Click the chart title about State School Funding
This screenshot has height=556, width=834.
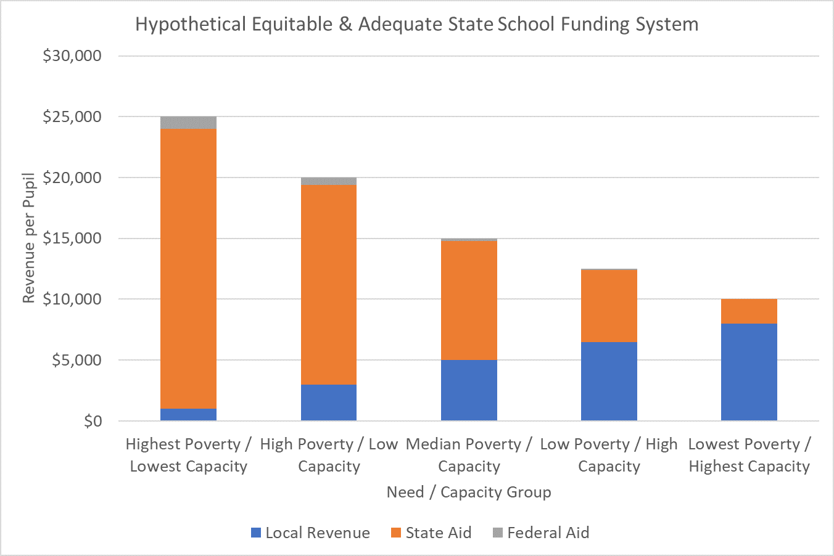click(416, 25)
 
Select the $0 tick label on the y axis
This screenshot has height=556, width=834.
click(93, 421)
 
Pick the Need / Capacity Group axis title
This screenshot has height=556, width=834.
click(469, 493)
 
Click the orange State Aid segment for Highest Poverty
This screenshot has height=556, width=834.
click(188, 268)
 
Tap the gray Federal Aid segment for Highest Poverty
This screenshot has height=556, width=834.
click(188, 123)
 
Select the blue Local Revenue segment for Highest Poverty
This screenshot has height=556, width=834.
click(188, 415)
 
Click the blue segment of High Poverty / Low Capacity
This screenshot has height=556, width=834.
click(328, 403)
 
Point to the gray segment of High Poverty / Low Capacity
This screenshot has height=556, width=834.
click(328, 181)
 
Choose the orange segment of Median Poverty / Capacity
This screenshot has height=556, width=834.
click(469, 300)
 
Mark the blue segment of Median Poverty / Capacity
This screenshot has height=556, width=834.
click(469, 390)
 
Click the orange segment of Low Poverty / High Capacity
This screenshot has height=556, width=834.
click(609, 306)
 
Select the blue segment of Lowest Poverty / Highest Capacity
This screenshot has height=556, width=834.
click(749, 372)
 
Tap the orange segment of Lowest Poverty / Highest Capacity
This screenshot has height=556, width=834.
click(749, 311)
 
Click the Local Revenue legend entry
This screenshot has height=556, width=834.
click(310, 533)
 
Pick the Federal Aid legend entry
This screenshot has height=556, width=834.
click(541, 533)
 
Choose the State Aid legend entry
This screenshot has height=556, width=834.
click(431, 533)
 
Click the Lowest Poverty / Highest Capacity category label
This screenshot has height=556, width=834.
click(749, 456)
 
